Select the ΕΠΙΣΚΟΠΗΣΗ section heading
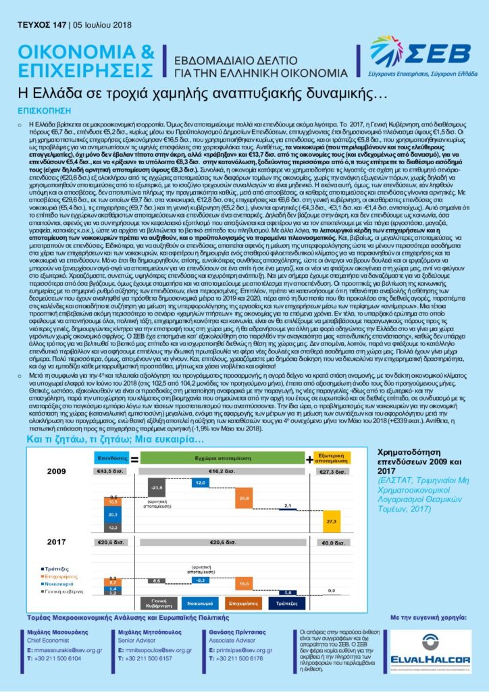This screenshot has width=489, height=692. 43,108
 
